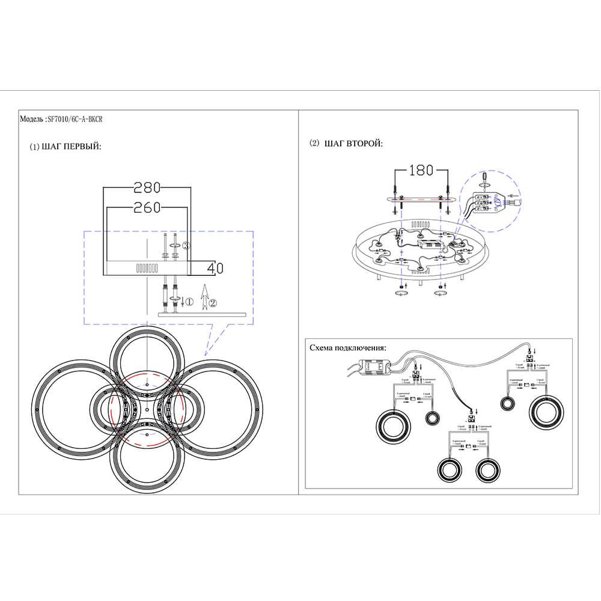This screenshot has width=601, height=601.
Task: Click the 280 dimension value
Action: tap(147, 188)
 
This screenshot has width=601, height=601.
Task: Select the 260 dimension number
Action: tap(147, 208)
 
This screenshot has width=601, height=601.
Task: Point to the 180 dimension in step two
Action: tap(421, 170)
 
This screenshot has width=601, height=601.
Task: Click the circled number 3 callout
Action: tap(186, 246)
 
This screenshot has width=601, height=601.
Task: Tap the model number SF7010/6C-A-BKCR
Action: tap(77, 119)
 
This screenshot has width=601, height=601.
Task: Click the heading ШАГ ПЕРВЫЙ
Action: tap(66, 147)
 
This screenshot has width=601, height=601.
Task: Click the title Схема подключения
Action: tap(348, 348)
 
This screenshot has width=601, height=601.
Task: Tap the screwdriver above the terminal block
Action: tap(486, 178)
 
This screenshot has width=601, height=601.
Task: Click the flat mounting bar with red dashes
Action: tap(419, 200)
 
